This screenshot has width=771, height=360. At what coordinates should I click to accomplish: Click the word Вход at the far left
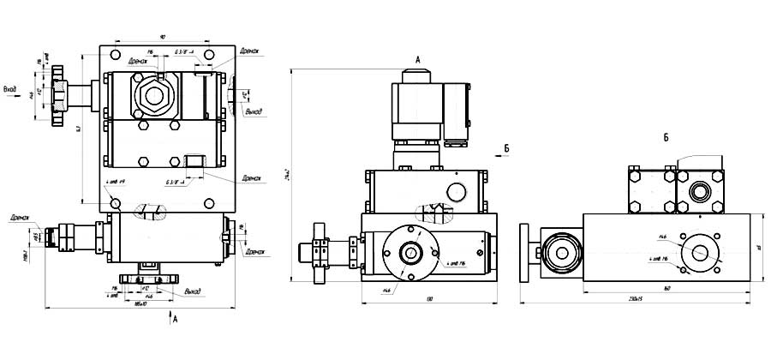(x=10, y=88)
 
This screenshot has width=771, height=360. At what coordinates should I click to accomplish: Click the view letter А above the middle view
(x=417, y=59)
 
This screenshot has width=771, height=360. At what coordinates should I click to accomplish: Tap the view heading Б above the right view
(x=666, y=137)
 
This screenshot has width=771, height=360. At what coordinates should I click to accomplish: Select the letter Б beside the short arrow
(x=506, y=148)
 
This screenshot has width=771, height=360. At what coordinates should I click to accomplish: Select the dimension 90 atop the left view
(x=163, y=37)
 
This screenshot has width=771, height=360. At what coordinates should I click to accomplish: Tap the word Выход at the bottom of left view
(x=193, y=291)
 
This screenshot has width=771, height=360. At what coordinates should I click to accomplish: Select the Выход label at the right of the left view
(x=254, y=111)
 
